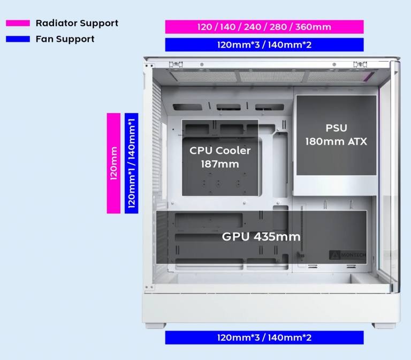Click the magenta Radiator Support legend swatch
tap(18, 24)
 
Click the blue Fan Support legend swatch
tap(18, 39)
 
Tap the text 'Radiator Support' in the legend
tap(77, 24)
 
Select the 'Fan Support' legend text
tap(65, 39)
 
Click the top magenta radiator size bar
tap(264, 27)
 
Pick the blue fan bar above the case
tap(264, 44)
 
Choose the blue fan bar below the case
tap(264, 337)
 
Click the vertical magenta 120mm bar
tap(113, 163)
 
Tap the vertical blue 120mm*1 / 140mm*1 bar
tap(131, 163)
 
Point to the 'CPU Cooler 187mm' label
tap(219, 157)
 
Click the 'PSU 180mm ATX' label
tap(336, 135)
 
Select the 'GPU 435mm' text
tap(261, 237)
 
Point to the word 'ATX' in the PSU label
tap(356, 142)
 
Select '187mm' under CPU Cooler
tap(219, 164)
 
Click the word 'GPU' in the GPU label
tap(235, 237)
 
